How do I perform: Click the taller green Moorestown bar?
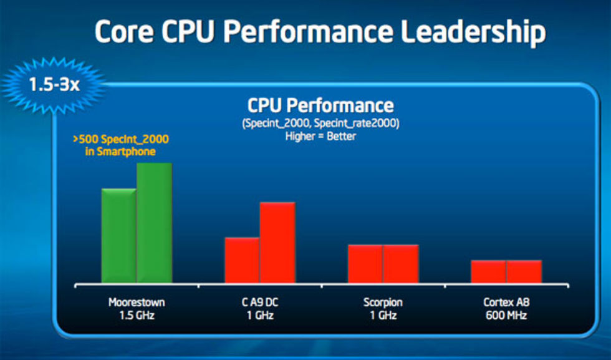coord(154,223)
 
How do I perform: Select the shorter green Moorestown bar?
coord(118,236)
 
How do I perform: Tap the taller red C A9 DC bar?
coord(277,243)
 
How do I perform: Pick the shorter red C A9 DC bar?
coord(242,260)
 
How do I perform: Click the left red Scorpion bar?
coord(365,264)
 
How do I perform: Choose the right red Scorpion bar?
coord(401,264)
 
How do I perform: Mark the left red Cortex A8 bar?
coord(488,271)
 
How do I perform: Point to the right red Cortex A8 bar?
coord(524,271)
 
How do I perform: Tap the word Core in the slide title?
coord(125,32)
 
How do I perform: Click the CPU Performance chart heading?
coord(320,105)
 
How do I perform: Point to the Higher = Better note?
coord(320,135)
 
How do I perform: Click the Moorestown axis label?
coord(136,303)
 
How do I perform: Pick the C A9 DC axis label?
coord(259,303)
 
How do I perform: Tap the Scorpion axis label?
coord(383,303)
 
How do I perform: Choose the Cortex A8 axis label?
coord(505,303)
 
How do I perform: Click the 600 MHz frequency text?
coord(505,316)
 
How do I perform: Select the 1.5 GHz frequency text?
coord(136,316)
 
